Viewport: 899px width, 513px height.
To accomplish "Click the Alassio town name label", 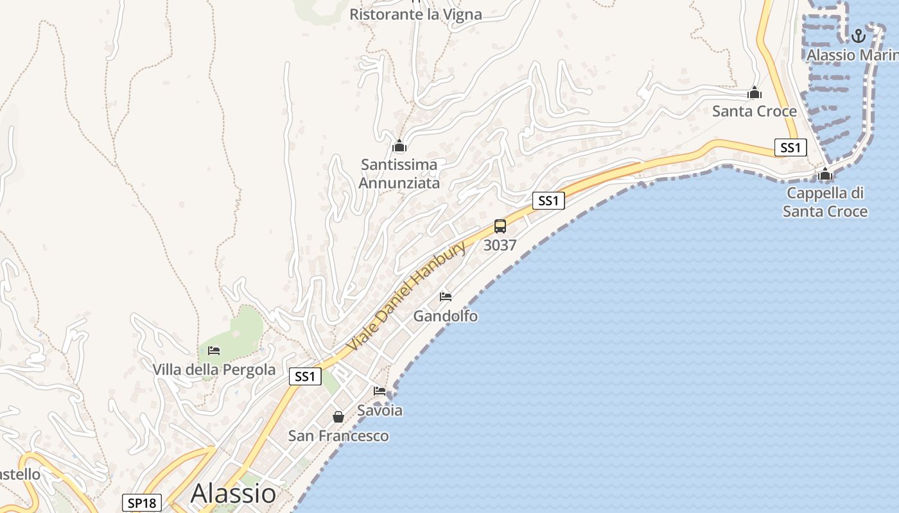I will [x=233, y=493].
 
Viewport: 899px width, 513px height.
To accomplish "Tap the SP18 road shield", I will [x=141, y=503].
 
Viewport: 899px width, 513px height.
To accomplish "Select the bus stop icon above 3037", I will [x=500, y=226].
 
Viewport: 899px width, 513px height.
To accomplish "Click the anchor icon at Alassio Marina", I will [x=859, y=35].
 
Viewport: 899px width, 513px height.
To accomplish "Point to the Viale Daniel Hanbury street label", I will [x=406, y=296].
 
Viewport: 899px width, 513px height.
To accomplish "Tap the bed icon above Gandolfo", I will [x=446, y=296].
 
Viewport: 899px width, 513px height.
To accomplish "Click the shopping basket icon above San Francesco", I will [x=338, y=417].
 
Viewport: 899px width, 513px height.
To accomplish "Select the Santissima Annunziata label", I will [x=399, y=174].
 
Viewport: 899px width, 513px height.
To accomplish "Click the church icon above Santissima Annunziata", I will [x=399, y=146].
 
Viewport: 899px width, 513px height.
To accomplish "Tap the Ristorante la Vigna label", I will [x=415, y=14].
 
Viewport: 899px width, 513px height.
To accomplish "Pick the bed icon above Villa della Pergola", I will [x=214, y=350].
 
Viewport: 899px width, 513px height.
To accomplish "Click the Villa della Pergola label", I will [x=214, y=369].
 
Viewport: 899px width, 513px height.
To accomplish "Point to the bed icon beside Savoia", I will [x=380, y=391].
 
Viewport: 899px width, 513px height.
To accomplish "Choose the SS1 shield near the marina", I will [x=790, y=147].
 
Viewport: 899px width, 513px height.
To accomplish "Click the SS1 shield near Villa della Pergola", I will [x=305, y=376].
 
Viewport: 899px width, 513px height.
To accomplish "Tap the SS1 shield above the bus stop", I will [x=548, y=201].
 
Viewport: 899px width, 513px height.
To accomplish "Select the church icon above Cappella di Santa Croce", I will [x=825, y=174].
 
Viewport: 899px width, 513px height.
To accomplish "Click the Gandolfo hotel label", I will [x=445, y=315].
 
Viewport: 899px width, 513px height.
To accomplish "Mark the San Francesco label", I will [x=338, y=436].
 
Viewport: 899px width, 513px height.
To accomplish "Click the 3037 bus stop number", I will [x=500, y=245].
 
